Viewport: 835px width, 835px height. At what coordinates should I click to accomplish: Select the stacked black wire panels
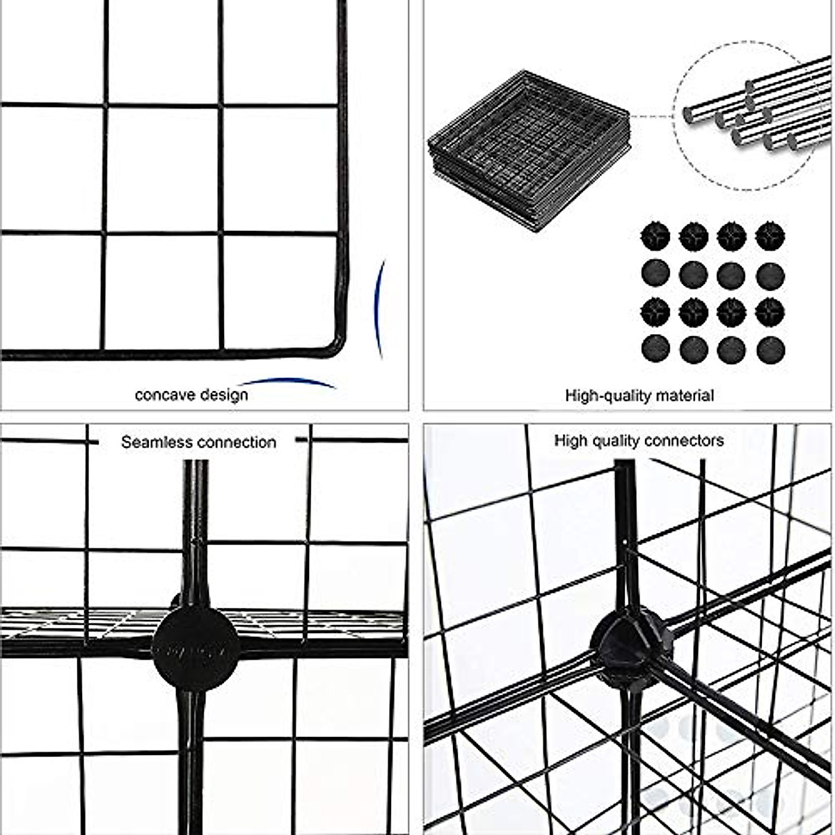click(529, 150)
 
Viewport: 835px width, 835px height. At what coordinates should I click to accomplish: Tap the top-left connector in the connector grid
click(655, 237)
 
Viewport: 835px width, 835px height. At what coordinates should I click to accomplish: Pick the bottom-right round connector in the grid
click(770, 349)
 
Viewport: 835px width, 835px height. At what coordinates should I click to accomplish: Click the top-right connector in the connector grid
click(770, 237)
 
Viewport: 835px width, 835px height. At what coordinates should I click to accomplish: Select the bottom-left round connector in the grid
click(655, 349)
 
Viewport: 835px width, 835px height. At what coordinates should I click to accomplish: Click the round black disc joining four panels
click(196, 649)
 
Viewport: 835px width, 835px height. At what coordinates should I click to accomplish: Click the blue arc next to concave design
click(287, 382)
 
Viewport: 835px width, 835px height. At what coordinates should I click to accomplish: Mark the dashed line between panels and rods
click(651, 117)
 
